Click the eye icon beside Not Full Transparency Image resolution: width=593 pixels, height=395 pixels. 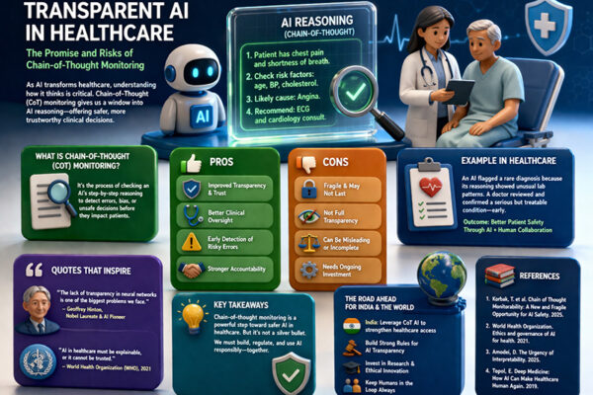point(308,226)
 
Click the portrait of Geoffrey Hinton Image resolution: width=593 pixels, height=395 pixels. point(38,309)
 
